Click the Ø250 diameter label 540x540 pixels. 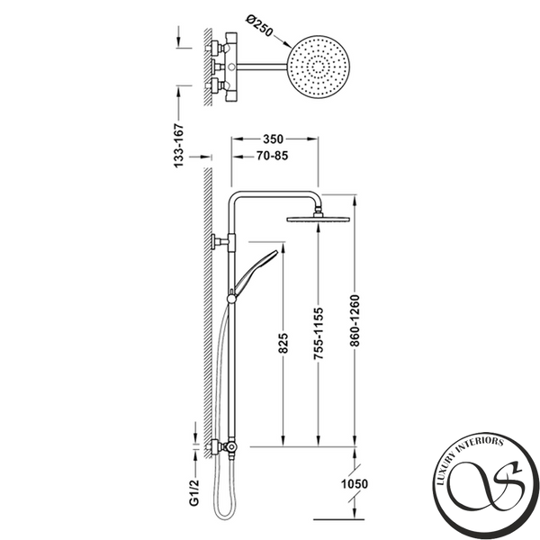pos(260,25)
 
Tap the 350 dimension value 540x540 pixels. pos(273,139)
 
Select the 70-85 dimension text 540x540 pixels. pos(272,156)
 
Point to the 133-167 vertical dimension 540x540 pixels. pos(179,146)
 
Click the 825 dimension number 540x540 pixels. pos(283,343)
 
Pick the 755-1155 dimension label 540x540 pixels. pos(319,334)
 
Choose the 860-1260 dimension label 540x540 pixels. pos(355,320)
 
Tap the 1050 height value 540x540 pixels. pos(355,484)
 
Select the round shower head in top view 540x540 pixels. pos(319,67)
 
